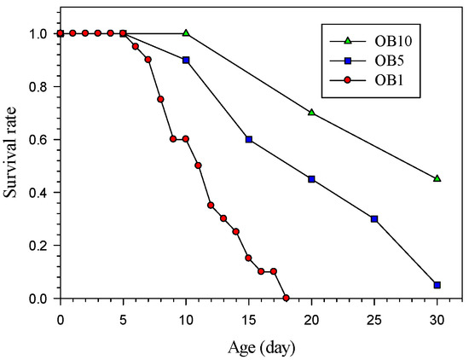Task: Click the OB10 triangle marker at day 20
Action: click(311, 113)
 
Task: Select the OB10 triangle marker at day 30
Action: click(437, 178)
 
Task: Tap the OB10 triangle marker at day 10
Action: click(186, 33)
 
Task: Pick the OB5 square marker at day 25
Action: click(374, 218)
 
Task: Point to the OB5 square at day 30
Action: click(437, 285)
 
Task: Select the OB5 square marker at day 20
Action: click(311, 179)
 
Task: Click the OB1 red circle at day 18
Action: click(286, 298)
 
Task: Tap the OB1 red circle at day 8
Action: click(160, 99)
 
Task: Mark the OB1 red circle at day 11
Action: click(198, 165)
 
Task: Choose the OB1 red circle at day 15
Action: click(248, 258)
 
